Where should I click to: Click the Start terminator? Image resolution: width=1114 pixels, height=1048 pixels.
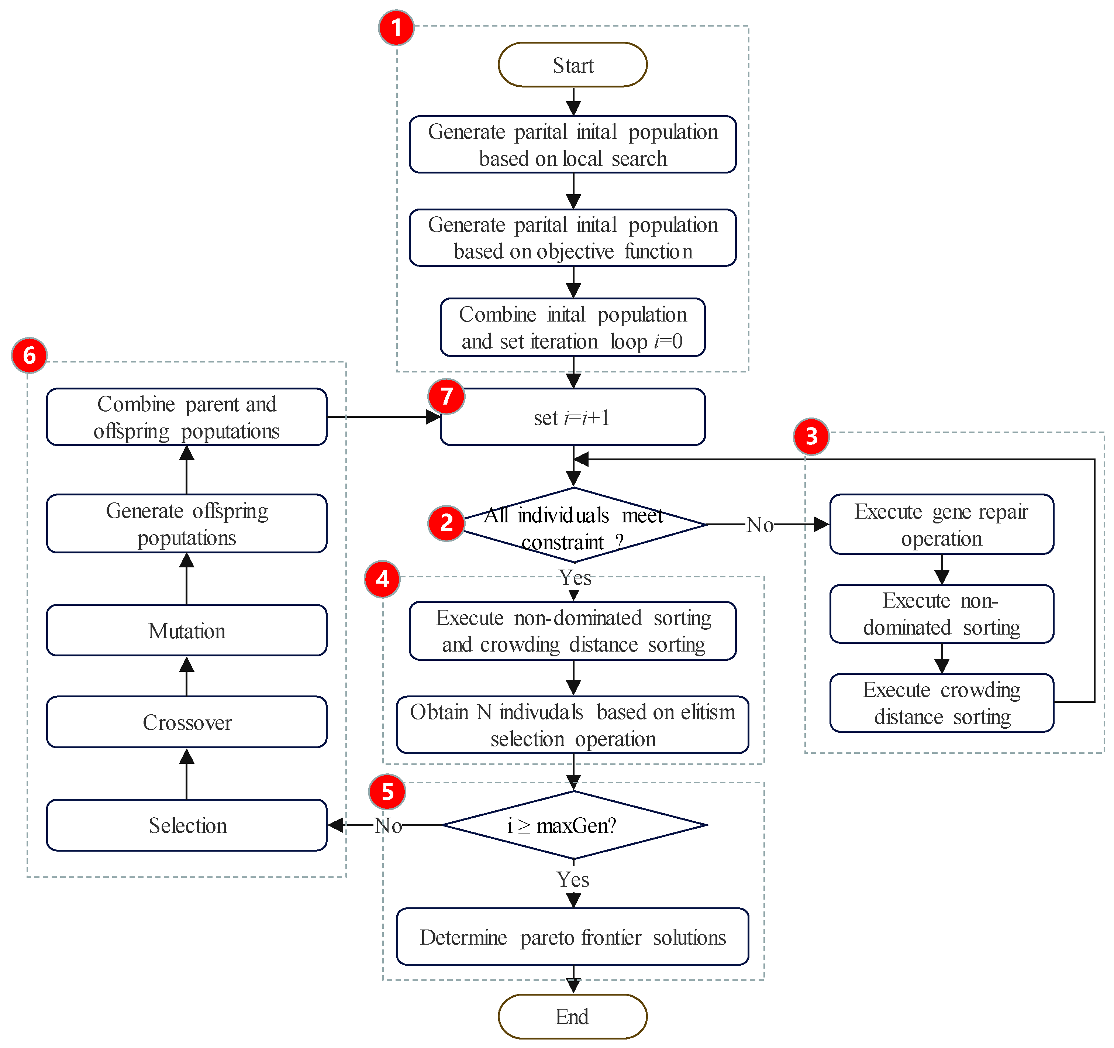pos(573,65)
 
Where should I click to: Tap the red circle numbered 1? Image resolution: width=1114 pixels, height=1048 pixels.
pos(396,27)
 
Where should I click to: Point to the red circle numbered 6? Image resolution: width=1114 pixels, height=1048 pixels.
pos(29,355)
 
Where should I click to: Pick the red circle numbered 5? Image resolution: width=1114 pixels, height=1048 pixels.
pos(387,792)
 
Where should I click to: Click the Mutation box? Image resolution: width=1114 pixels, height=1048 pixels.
pos(187,630)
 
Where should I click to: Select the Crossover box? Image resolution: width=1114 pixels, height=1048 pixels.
pos(187,722)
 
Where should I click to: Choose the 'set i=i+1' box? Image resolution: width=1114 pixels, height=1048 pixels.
pos(573,417)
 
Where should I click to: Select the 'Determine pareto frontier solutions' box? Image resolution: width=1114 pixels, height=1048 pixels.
pos(573,937)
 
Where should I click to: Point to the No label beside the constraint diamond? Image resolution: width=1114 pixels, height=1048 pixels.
pos(760,525)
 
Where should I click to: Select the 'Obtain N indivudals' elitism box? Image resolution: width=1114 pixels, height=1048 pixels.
pos(573,725)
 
